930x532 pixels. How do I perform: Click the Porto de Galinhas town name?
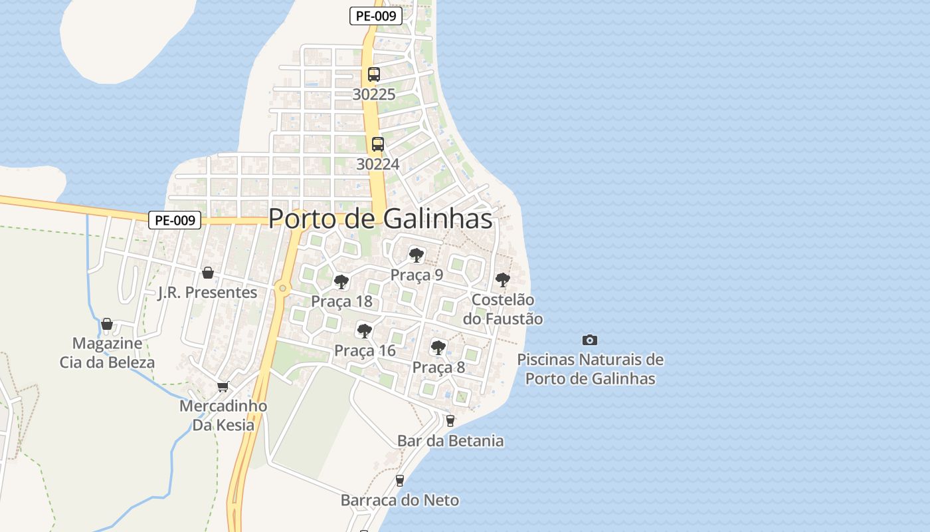click(381, 219)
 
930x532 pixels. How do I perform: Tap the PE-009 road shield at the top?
click(376, 16)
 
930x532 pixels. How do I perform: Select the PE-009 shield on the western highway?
click(175, 220)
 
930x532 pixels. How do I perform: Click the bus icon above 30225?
click(374, 74)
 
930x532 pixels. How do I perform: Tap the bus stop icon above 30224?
click(377, 144)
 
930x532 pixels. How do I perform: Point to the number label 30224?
click(377, 164)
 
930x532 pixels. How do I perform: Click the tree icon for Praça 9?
click(417, 255)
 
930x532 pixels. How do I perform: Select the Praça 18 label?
click(341, 301)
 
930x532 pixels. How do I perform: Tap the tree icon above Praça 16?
click(364, 331)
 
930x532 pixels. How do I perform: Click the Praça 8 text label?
click(438, 367)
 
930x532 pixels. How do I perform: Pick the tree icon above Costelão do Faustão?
click(503, 280)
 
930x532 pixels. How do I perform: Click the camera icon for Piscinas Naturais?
click(590, 340)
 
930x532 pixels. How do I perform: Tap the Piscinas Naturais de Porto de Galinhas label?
click(590, 369)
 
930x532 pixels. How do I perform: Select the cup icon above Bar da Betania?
click(450, 420)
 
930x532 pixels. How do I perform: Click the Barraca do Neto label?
click(400, 500)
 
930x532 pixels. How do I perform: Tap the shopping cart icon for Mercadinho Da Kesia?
click(223, 386)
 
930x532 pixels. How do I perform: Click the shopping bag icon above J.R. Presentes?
click(208, 273)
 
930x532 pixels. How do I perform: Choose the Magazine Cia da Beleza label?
click(107, 353)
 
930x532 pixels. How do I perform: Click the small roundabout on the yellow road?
click(284, 288)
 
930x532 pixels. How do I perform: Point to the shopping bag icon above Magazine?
click(107, 325)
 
